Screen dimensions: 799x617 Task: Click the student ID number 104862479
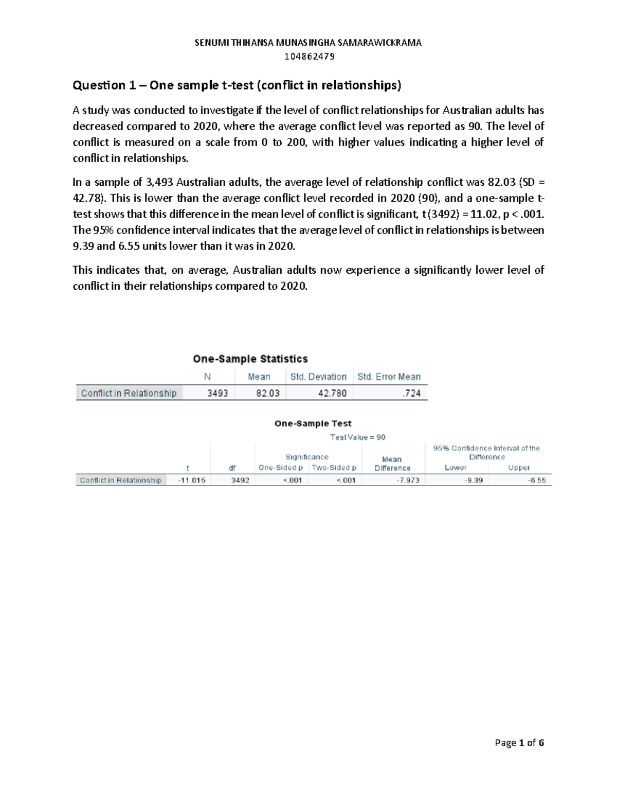coord(308,56)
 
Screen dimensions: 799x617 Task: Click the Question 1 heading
coord(237,85)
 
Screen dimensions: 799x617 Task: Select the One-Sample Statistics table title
coord(250,359)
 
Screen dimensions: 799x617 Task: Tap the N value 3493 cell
coord(217,393)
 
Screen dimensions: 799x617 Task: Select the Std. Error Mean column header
coord(389,377)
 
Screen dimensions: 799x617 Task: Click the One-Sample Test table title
coord(313,423)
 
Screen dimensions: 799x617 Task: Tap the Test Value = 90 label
coord(357,437)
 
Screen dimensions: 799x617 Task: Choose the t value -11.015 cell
coord(191,480)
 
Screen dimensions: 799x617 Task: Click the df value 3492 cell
coord(240,480)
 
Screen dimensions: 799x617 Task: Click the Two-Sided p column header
coord(334,468)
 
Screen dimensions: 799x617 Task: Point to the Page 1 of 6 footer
coord(519,742)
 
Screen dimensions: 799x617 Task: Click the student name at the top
coord(308,43)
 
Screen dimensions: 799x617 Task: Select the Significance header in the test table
coord(307,457)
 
